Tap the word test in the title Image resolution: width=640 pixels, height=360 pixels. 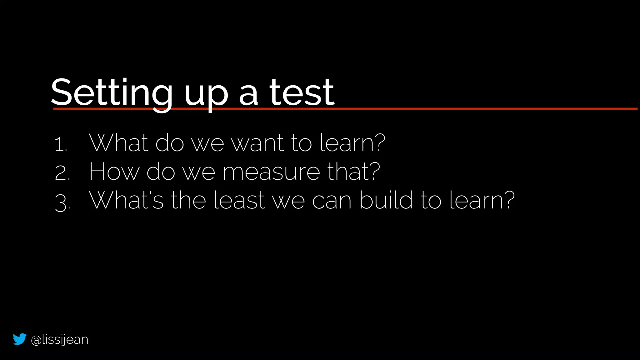[302, 93]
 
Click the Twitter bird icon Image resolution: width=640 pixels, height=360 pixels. [19, 339]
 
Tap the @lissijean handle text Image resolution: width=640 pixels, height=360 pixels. [60, 340]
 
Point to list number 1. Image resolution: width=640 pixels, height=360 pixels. [61, 145]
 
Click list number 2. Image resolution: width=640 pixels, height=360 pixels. [62, 173]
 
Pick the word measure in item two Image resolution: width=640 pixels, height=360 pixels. [271, 172]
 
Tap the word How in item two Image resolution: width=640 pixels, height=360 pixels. [114, 172]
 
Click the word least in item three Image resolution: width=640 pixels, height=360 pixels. [239, 201]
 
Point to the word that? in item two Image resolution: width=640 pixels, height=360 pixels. [353, 172]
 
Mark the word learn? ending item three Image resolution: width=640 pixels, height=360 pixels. [482, 200]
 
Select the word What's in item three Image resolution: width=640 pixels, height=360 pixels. [126, 200]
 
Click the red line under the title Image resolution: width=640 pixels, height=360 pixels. [469, 109]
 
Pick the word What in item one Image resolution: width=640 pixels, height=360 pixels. [118, 143]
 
